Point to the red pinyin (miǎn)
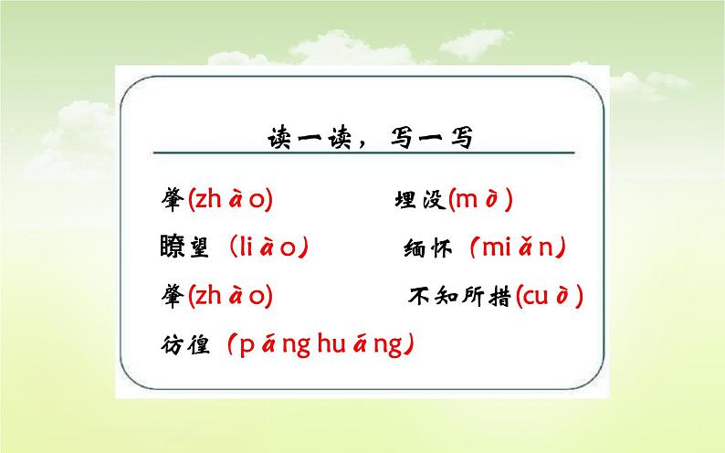(x=518, y=248)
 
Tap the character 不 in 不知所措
(x=419, y=296)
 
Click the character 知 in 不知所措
(x=446, y=296)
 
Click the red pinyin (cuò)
(x=549, y=296)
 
